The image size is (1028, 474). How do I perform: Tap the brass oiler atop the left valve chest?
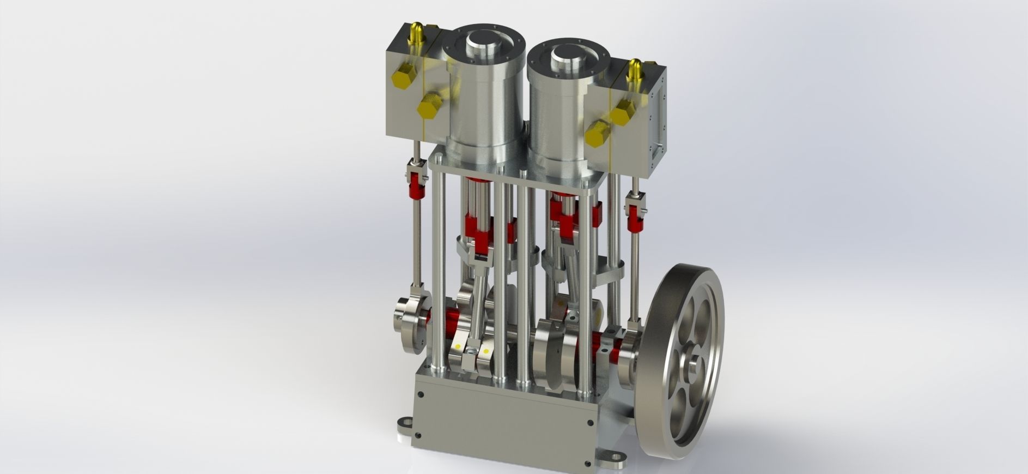(x=416, y=34)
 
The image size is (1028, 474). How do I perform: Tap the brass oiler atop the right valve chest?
(x=635, y=69)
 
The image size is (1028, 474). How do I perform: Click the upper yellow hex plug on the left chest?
(x=402, y=80)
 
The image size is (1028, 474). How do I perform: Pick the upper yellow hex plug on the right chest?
(x=622, y=115)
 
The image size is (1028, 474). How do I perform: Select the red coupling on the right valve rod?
(x=634, y=221)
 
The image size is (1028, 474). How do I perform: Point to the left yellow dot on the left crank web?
(x=458, y=346)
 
